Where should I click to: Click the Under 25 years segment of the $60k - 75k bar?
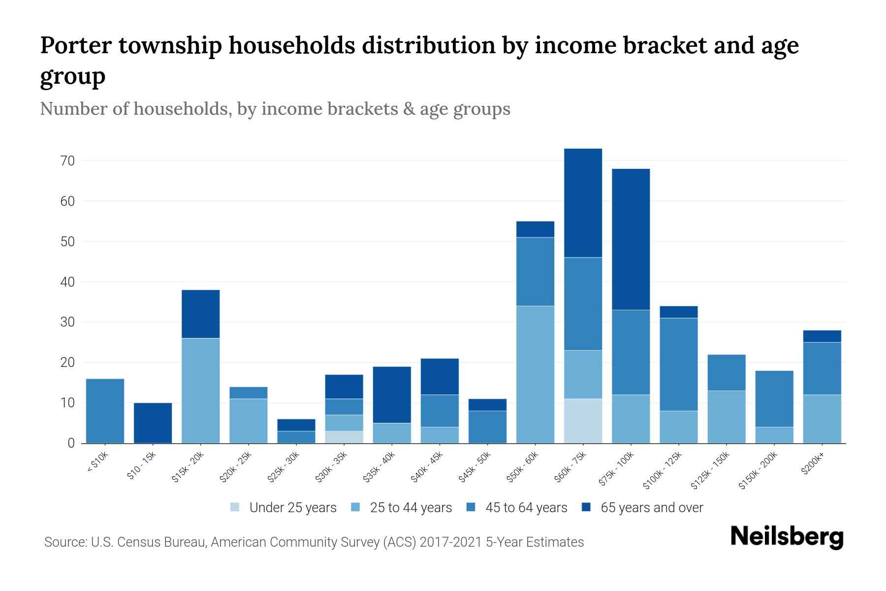coord(583,421)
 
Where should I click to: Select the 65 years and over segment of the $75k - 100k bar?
coord(631,239)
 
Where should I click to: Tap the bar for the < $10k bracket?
coord(105,411)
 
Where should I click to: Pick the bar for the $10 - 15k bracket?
coord(153,423)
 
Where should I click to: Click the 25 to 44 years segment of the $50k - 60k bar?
coord(535,374)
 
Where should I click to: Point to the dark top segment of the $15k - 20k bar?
coord(200,314)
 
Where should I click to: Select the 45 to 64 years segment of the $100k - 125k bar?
coord(678,364)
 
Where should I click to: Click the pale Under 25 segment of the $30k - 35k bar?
coord(344,437)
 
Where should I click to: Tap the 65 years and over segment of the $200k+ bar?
coord(822,336)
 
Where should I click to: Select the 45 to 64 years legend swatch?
coord(471,507)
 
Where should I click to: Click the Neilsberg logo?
coord(787,537)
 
